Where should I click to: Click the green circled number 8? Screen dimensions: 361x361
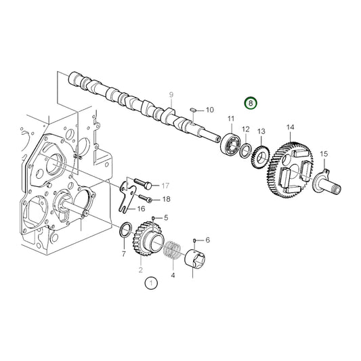[251, 104]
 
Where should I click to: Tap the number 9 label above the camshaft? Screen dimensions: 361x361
[171, 94]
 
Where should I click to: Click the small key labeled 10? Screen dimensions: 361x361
[193, 108]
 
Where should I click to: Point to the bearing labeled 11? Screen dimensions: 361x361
[230, 145]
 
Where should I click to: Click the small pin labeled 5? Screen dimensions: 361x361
[154, 217]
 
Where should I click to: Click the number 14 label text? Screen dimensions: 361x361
[290, 127]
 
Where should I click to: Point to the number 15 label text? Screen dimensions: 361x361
[323, 154]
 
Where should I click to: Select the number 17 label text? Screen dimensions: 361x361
[164, 184]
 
